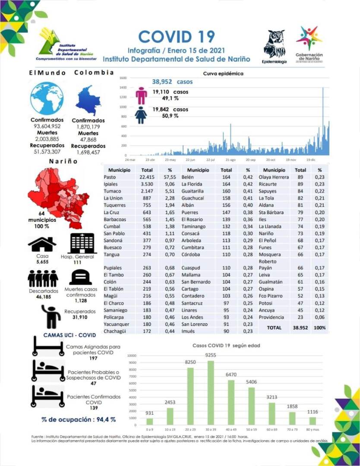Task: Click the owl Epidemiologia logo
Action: (275, 44)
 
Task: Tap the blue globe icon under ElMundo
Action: (47, 98)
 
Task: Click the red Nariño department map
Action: (58, 192)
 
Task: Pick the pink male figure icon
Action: (141, 95)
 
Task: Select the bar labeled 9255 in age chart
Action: (211, 393)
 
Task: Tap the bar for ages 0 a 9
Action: (150, 422)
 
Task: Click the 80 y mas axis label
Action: (313, 430)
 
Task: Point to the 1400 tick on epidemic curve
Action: (123, 88)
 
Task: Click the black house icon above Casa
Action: (42, 244)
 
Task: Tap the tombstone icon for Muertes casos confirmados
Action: (80, 277)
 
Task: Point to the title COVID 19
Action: (176, 37)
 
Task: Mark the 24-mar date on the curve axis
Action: (130, 160)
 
